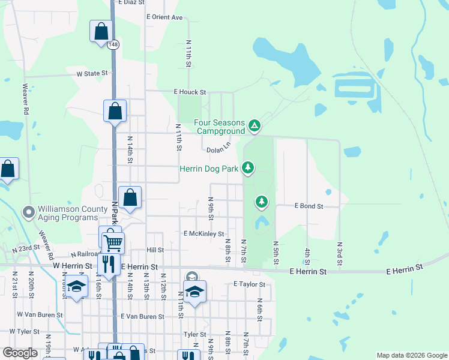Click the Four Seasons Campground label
point(220,127)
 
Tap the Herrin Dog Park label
point(209,169)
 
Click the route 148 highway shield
point(113,45)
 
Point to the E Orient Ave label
point(164,17)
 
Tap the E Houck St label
point(190,92)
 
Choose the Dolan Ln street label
point(218,148)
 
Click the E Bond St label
point(309,206)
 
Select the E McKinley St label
point(203,233)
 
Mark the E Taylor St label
point(249,284)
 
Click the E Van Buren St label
point(142,316)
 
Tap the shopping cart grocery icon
point(112,243)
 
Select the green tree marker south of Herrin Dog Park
point(261,202)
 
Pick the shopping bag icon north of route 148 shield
point(101,31)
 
